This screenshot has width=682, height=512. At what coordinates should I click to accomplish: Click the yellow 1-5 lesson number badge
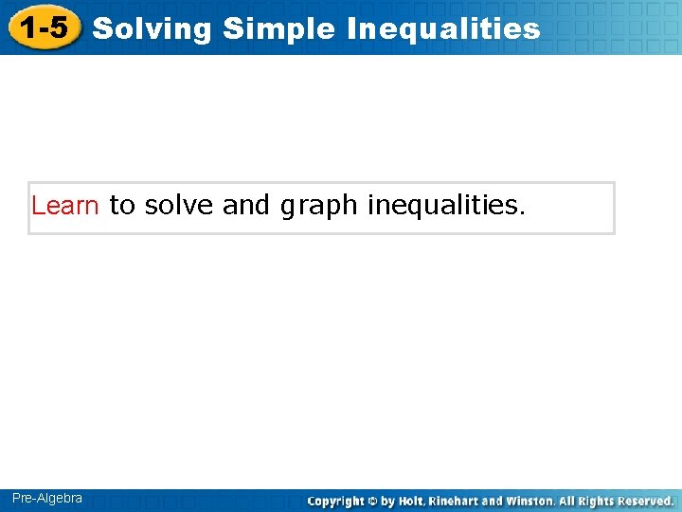click(45, 28)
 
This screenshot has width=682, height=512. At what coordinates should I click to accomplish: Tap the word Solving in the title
click(153, 29)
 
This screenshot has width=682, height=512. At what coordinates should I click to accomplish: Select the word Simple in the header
click(279, 29)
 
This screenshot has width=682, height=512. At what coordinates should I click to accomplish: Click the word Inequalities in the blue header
click(443, 29)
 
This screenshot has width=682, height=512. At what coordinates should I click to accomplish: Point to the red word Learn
click(65, 206)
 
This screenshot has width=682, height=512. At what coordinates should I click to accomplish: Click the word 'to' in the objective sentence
click(122, 206)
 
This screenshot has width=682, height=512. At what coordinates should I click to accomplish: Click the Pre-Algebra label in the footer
click(47, 499)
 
